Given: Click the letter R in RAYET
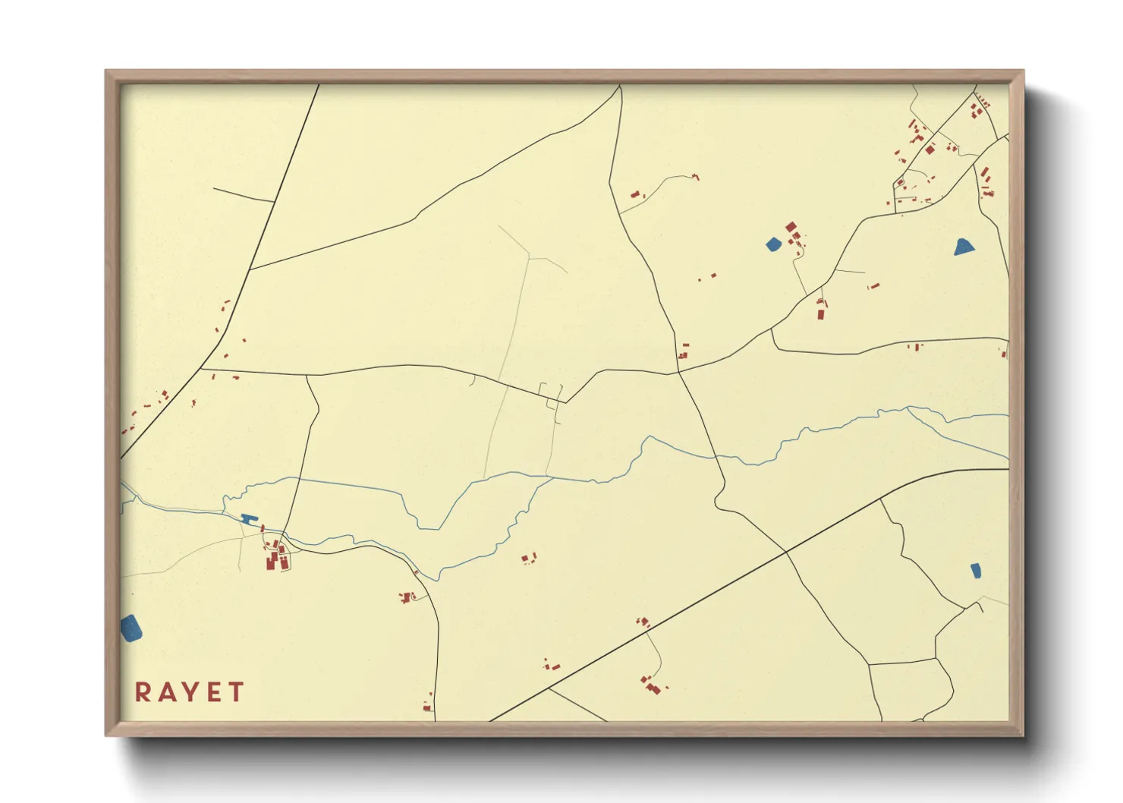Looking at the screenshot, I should [x=142, y=692].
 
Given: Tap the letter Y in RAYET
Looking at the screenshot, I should [x=189, y=692].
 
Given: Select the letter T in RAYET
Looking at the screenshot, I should [x=236, y=692].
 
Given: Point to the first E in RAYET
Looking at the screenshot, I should [x=213, y=692].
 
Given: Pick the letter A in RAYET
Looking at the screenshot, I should [x=165, y=692].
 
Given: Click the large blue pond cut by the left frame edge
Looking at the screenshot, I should [x=131, y=628].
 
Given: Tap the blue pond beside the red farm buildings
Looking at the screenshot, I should [x=772, y=244].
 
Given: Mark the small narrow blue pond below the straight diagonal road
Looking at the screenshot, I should [x=976, y=571].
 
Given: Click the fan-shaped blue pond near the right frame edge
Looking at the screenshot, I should [x=964, y=247].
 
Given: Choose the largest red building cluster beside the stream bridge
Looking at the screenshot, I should [x=275, y=560].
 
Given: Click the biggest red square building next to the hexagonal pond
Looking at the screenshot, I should [x=791, y=227].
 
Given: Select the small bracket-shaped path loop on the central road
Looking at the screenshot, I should [x=551, y=392].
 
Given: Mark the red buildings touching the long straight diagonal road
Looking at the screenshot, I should [x=643, y=622].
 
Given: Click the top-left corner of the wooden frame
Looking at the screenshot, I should [x=106, y=71].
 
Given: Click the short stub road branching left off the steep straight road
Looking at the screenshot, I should [x=243, y=195].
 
